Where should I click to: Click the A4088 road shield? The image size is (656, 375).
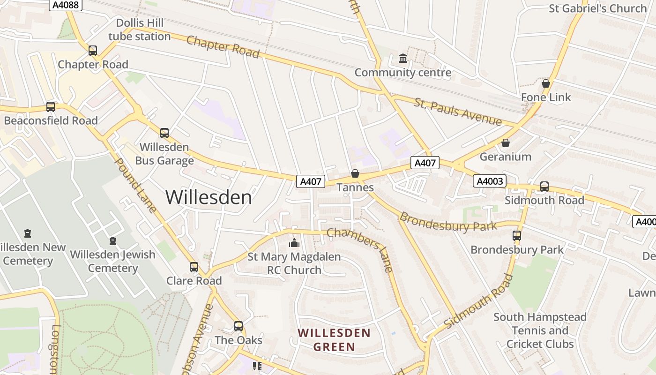coord(65,5)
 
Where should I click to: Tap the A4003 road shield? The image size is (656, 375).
coord(490,181)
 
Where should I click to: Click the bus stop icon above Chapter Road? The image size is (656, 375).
coord(93,51)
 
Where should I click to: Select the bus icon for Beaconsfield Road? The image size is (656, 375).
coord(51,107)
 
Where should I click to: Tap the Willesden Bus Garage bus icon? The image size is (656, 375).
coord(164,133)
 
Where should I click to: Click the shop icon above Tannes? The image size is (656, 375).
coord(355,174)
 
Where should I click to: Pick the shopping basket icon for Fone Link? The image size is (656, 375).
coord(546,83)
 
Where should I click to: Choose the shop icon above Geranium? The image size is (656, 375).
coord(506,143)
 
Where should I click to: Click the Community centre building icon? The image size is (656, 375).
coord(403,59)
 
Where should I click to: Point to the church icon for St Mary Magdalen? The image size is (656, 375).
coord(294,243)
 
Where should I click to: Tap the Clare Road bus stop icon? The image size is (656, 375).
coord(194,267)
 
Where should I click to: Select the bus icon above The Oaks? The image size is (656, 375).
coord(239,326)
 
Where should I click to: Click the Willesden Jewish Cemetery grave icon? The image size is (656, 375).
coord(112,241)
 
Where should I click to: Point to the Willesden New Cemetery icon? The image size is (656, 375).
coord(28,233)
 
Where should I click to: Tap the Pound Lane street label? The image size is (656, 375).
coord(135,185)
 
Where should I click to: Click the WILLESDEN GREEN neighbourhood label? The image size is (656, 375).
coord(334,340)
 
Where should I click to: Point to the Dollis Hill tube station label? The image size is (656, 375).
coord(140,30)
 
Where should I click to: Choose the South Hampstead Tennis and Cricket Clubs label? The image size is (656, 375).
coord(540,330)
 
